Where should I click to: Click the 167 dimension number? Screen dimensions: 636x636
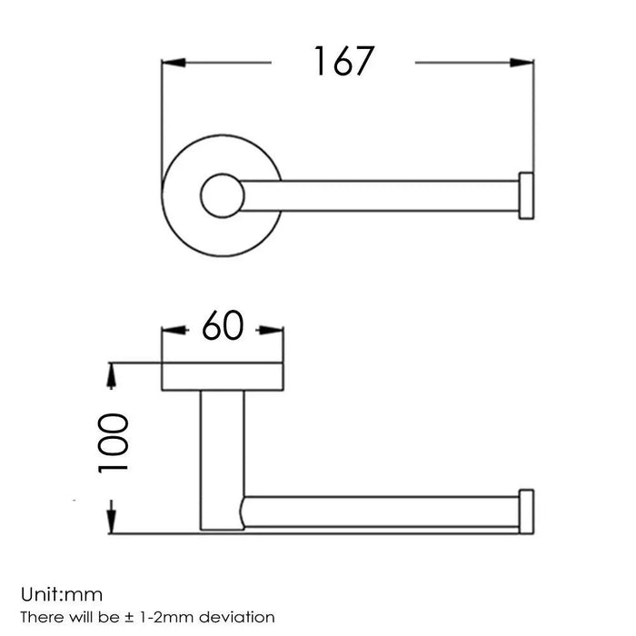pyautogui.click(x=344, y=62)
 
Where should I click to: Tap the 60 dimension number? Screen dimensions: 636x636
pyautogui.click(x=222, y=325)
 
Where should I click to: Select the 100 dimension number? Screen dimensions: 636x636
pyautogui.click(x=114, y=444)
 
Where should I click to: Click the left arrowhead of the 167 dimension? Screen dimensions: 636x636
pyautogui.click(x=173, y=62)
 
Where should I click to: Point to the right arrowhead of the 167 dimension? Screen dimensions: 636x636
pyautogui.click(x=522, y=62)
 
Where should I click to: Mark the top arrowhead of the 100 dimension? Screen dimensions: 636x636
pyautogui.click(x=112, y=373)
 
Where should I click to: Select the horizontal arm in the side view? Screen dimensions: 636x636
pyautogui.click(x=382, y=512)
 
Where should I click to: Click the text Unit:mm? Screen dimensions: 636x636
pyautogui.click(x=65, y=571)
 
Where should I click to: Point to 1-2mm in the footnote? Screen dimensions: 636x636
pyautogui.click(x=172, y=592)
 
